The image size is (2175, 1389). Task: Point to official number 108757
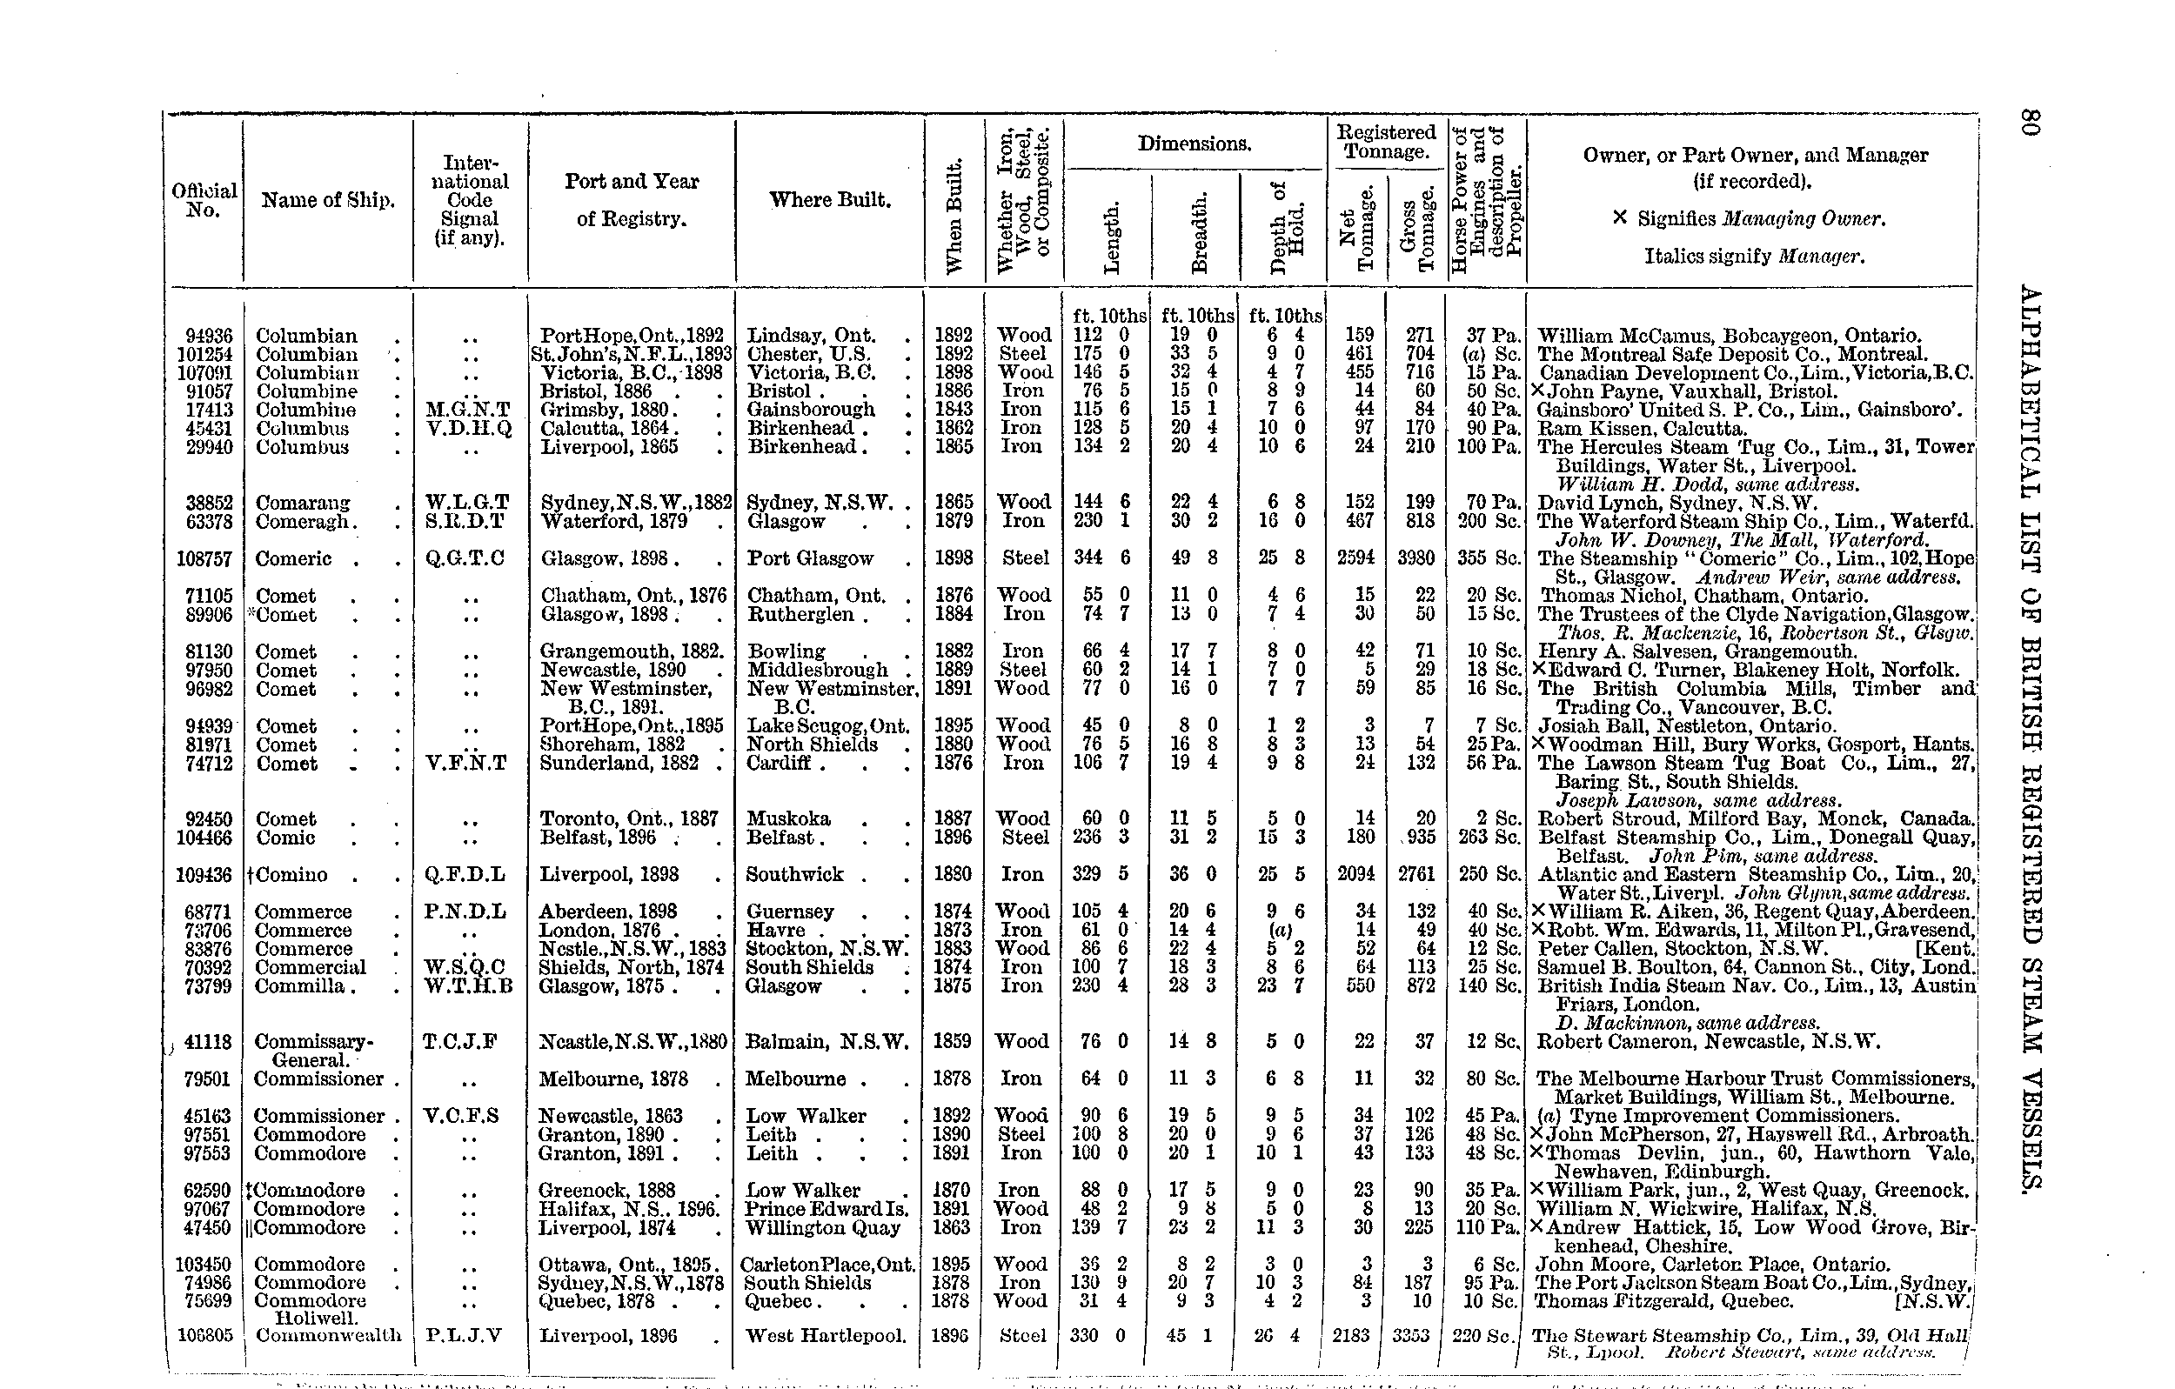(205, 559)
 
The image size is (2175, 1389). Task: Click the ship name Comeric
(293, 559)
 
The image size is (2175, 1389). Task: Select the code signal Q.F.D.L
(465, 875)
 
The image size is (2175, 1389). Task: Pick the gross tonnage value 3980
(1415, 559)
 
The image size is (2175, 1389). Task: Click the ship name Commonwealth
(329, 1336)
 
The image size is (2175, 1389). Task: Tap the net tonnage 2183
(1351, 1336)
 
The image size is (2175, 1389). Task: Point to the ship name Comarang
(303, 503)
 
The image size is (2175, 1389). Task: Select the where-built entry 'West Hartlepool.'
(826, 1336)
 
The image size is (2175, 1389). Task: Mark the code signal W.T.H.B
(468, 986)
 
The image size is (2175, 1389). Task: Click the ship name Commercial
(310, 967)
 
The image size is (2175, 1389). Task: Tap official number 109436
(205, 875)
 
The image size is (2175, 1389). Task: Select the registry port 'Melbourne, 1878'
(612, 1079)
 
